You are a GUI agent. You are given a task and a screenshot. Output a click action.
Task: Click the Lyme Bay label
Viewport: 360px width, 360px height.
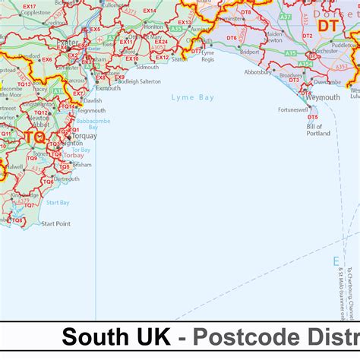pyautogui.click(x=193, y=98)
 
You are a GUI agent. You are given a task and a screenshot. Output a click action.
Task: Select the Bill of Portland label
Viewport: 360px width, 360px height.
pyautogui.click(x=318, y=130)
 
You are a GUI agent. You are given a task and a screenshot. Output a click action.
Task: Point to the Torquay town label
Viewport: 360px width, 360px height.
pyautogui.click(x=84, y=136)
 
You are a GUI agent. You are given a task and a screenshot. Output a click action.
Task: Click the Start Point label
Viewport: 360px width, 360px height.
pyautogui.click(x=56, y=224)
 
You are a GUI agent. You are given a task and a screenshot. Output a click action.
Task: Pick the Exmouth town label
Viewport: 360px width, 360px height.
pyautogui.click(x=108, y=88)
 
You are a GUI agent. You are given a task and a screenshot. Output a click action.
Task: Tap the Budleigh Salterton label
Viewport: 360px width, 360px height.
pyautogui.click(x=140, y=81)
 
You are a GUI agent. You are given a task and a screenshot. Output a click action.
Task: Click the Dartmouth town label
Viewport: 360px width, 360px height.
pyautogui.click(x=66, y=178)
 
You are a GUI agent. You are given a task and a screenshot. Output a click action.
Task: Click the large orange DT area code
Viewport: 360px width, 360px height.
pyautogui.click(x=327, y=26)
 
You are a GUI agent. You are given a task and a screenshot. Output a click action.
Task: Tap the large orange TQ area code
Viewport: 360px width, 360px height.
pyautogui.click(x=34, y=137)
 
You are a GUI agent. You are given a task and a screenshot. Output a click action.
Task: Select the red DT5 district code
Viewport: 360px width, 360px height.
pyautogui.click(x=313, y=118)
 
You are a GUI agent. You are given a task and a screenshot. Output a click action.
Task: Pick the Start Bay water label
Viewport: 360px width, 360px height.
pyautogui.click(x=58, y=203)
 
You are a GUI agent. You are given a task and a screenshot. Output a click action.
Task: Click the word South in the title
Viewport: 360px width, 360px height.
pyautogui.click(x=94, y=337)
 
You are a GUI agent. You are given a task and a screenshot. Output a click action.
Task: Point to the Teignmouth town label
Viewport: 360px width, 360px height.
pyautogui.click(x=92, y=110)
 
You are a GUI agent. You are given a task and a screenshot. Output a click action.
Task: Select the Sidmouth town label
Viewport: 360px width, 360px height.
pyautogui.click(x=147, y=67)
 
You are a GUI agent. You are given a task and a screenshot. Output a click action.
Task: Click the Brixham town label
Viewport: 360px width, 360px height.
pyautogui.click(x=82, y=164)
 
